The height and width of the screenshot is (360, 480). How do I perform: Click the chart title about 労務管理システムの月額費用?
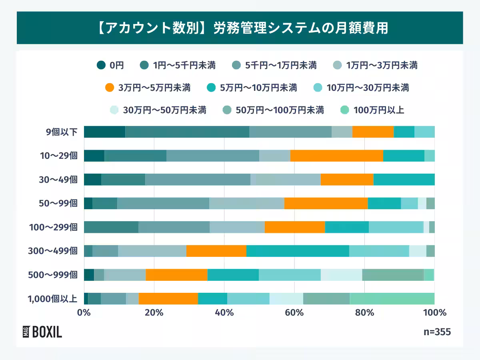click(x=240, y=28)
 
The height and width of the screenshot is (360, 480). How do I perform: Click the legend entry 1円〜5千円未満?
click(x=178, y=65)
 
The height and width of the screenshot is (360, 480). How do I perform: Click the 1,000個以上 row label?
click(x=52, y=299)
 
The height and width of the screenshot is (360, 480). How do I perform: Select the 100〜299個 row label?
click(x=53, y=227)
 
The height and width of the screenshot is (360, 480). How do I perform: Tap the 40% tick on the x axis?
click(x=224, y=312)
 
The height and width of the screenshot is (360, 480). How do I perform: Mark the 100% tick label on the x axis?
click(x=434, y=312)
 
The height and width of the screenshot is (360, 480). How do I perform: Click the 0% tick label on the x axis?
click(x=84, y=312)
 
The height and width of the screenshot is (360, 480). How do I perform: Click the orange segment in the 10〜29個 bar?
click(x=336, y=156)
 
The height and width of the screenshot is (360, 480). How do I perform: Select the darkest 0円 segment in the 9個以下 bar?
click(x=104, y=132)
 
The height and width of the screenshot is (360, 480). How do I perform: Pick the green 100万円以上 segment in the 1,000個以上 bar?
click(x=392, y=299)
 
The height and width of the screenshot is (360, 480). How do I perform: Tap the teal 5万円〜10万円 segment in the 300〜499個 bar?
click(x=298, y=251)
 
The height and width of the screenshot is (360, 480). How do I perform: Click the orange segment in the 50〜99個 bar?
click(x=326, y=203)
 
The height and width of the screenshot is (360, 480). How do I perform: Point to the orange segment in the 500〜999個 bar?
click(x=176, y=275)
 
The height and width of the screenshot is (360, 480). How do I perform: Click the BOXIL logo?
click(x=42, y=332)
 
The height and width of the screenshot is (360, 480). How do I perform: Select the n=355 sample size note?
click(x=437, y=332)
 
